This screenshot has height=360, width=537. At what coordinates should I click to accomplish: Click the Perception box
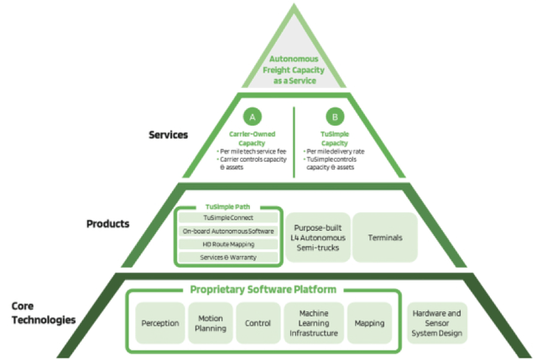[x=160, y=322]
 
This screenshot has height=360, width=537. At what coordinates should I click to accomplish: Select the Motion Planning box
[x=210, y=322]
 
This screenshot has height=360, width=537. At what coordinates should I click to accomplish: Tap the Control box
[x=258, y=322]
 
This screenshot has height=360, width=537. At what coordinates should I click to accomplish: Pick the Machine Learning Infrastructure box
[x=312, y=322]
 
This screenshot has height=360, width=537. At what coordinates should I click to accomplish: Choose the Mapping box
[x=369, y=322]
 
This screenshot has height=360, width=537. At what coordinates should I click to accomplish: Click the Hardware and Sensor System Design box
[x=437, y=322]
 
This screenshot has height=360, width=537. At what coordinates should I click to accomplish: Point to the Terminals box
[x=385, y=237]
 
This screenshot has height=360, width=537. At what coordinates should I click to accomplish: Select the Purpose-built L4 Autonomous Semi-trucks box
[x=315, y=237]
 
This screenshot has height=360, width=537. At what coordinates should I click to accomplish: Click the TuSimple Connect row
[x=227, y=217]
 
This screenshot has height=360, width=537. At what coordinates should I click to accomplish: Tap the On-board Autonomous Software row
[x=227, y=231]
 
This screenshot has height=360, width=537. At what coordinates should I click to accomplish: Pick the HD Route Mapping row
[x=227, y=243]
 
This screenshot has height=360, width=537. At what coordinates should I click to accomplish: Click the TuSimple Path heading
[x=227, y=206]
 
